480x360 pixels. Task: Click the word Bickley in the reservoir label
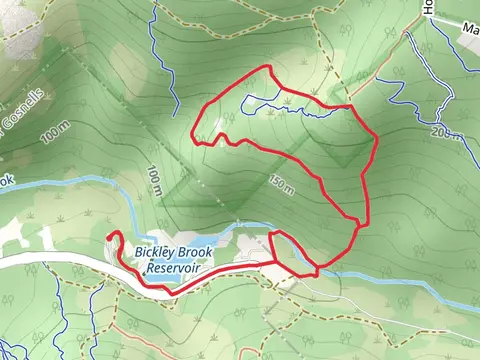pyautogui.click(x=150, y=254)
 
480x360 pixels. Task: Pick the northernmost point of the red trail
pyautogui.click(x=268, y=67)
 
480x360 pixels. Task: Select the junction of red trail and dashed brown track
pyautogui.click(x=349, y=105)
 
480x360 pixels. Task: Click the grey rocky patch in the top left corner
pyautogui.click(x=20, y=40)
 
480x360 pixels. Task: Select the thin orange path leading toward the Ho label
pyautogui.click(x=395, y=50)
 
